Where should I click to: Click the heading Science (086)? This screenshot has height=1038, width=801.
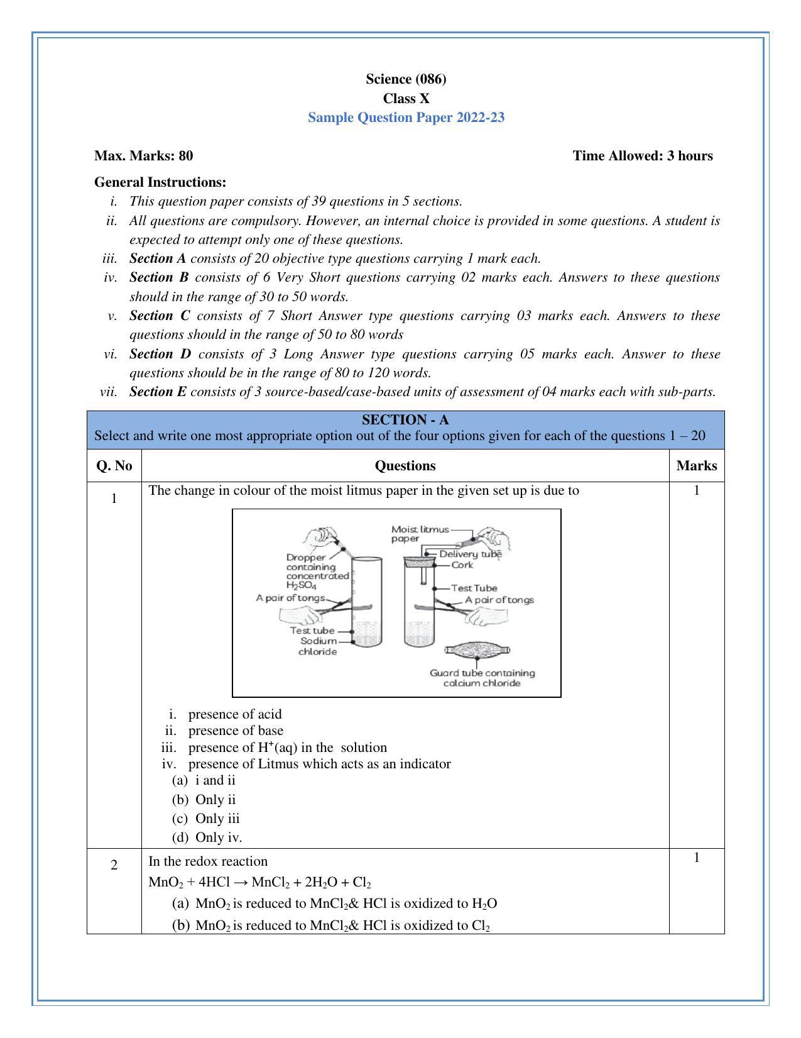[x=406, y=79]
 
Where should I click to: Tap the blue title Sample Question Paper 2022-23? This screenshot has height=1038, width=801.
[x=406, y=118]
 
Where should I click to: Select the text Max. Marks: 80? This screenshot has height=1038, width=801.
[x=143, y=156]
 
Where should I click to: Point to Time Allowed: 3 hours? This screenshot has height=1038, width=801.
[x=642, y=156]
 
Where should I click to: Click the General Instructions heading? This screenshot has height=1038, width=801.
[x=160, y=182]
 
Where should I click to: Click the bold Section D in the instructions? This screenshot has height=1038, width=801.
[x=160, y=354]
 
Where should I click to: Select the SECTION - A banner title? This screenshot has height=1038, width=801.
[x=405, y=419]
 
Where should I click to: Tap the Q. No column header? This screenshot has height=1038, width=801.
[x=114, y=466]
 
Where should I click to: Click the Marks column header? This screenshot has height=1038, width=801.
[x=696, y=466]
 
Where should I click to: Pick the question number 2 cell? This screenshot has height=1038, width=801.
[x=114, y=865]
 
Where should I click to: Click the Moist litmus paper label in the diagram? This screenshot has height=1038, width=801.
[x=420, y=534]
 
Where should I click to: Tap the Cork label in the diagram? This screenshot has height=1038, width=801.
[x=462, y=565]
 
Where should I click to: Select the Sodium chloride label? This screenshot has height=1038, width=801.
[x=318, y=646]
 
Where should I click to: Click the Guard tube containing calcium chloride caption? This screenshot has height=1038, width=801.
[x=482, y=678]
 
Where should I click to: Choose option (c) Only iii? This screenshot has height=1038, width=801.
[x=217, y=819]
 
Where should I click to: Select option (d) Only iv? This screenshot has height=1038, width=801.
[x=218, y=837]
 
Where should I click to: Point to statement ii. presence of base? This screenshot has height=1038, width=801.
[x=235, y=731]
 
